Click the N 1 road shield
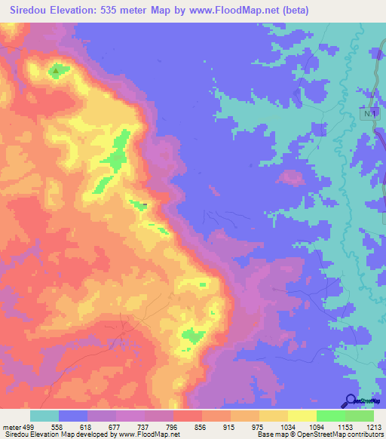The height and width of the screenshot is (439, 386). [x=368, y=113]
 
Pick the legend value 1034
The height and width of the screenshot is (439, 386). [x=288, y=426]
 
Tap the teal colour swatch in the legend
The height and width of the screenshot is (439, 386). [x=44, y=416]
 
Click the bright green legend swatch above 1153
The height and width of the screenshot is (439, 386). [x=331, y=416]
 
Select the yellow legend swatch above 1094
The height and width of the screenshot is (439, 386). [x=302, y=416]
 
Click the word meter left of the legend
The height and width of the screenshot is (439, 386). [x=12, y=426]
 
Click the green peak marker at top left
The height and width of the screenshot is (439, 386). [x=56, y=72]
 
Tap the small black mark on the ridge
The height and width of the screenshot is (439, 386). [x=145, y=204]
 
